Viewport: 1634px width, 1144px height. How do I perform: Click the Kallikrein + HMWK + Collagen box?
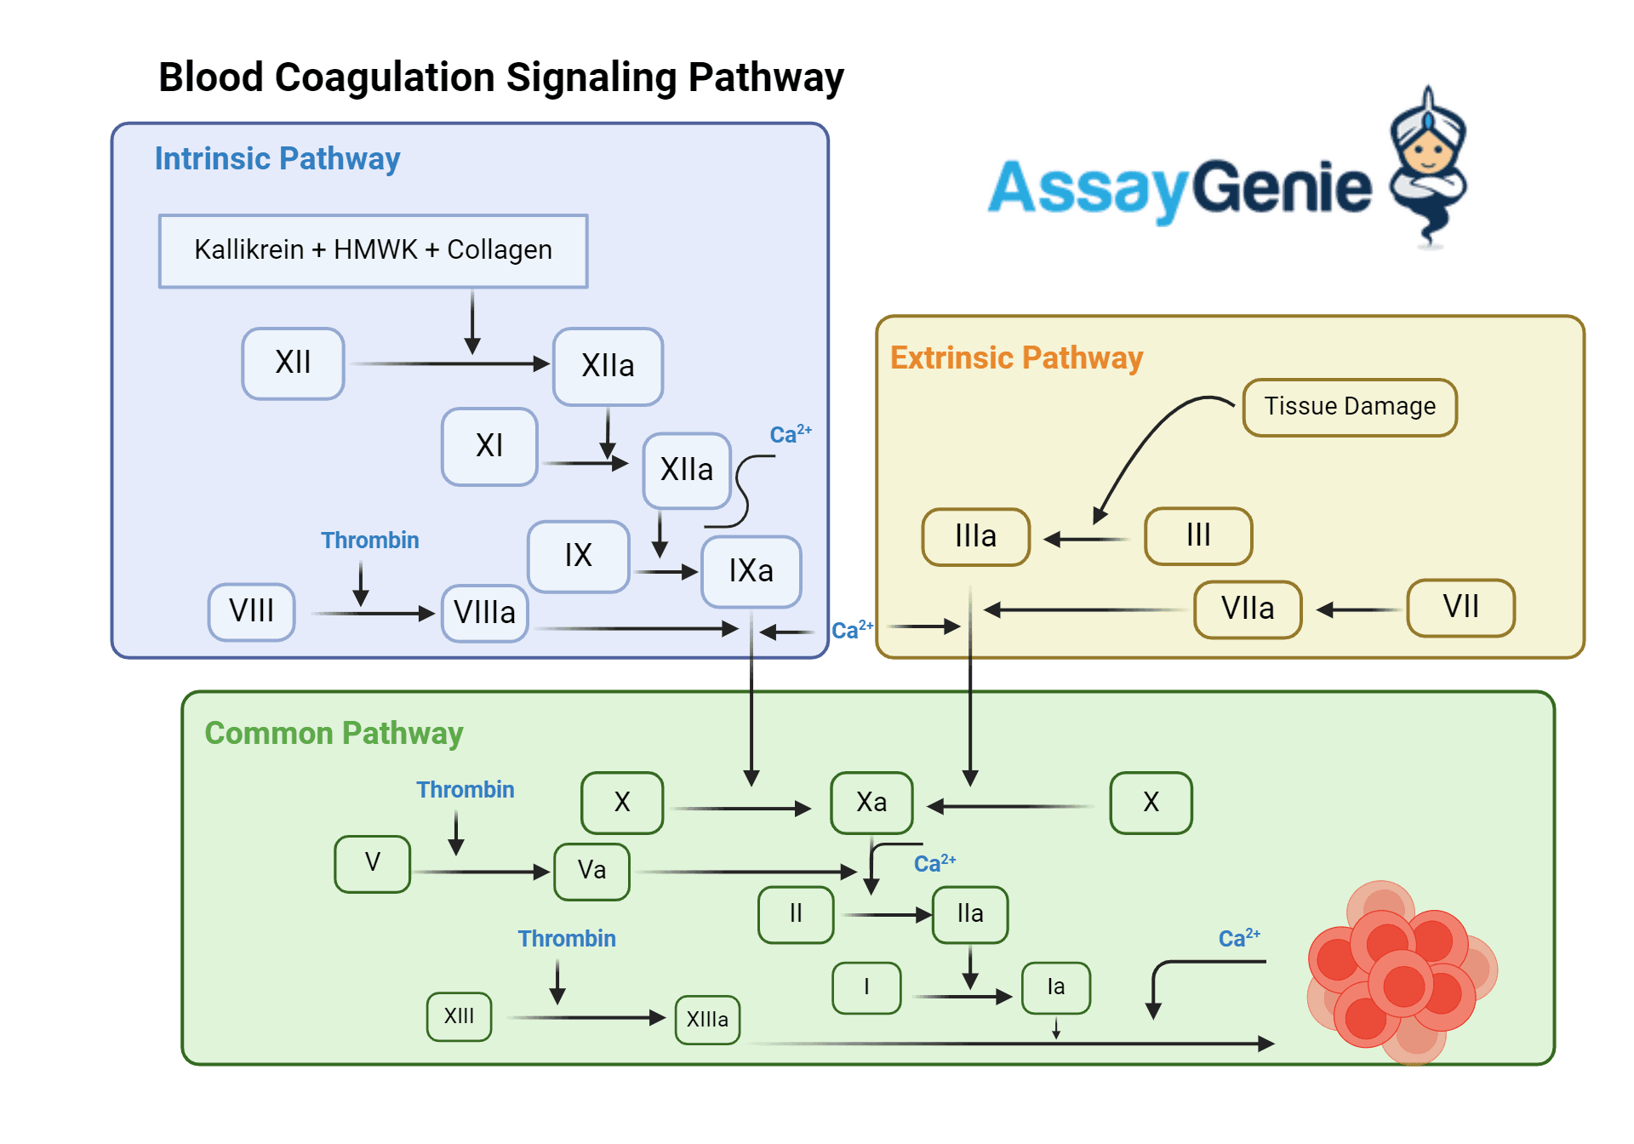[x=373, y=250]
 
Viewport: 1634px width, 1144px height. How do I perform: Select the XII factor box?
[x=293, y=363]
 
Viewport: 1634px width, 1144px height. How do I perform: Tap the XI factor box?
[x=489, y=446]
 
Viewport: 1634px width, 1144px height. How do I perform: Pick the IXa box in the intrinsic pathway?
[x=751, y=571]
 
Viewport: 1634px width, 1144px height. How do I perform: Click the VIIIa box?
[x=484, y=613]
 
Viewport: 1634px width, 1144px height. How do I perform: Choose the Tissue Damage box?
[x=1349, y=407]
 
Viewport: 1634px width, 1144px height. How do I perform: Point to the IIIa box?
[x=975, y=537]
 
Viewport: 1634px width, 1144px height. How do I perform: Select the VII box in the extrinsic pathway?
[x=1460, y=608]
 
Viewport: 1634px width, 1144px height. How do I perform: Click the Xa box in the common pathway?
[x=871, y=803]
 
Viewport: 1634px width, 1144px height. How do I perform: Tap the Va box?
[x=591, y=871]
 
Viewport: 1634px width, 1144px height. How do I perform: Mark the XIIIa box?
[x=707, y=1020]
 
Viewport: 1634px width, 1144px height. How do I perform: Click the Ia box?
[x=1055, y=987]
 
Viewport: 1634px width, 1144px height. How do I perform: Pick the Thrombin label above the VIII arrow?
[x=369, y=541]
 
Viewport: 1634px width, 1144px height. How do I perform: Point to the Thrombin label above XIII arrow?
[x=567, y=939]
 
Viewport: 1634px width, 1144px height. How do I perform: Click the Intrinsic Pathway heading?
[x=277, y=159]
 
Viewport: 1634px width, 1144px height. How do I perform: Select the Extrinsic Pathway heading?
[x=1016, y=358]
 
